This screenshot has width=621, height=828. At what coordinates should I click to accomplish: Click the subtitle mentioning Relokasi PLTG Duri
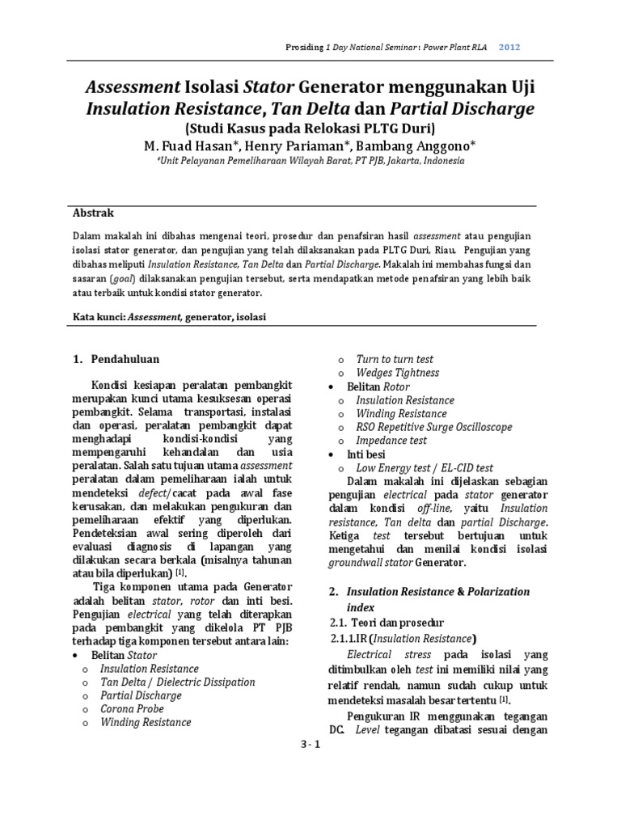coord(310,128)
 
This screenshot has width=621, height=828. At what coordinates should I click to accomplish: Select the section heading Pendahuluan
coord(125,358)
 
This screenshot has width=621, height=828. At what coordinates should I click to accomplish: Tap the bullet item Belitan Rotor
coord(375,387)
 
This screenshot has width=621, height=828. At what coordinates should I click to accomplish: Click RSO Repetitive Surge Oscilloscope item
coord(425,428)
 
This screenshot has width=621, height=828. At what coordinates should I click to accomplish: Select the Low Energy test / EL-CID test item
coord(425,468)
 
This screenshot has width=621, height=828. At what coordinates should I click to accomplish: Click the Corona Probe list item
coord(131,709)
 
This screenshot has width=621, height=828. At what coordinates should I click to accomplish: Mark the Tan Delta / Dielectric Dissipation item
coord(177,682)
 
